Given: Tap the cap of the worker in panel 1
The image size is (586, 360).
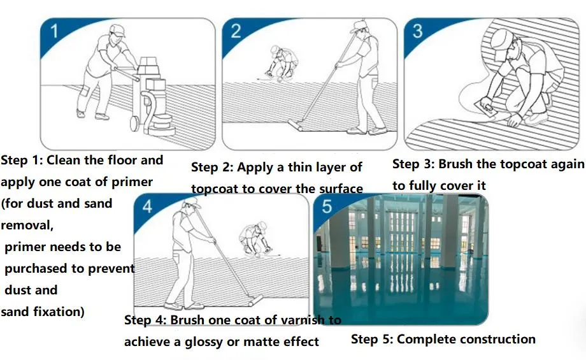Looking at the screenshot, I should tap(115, 30).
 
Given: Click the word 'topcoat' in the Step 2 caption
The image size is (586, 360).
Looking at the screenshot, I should tap(217, 189).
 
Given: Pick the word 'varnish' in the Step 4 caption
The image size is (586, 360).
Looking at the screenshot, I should tap(303, 320).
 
